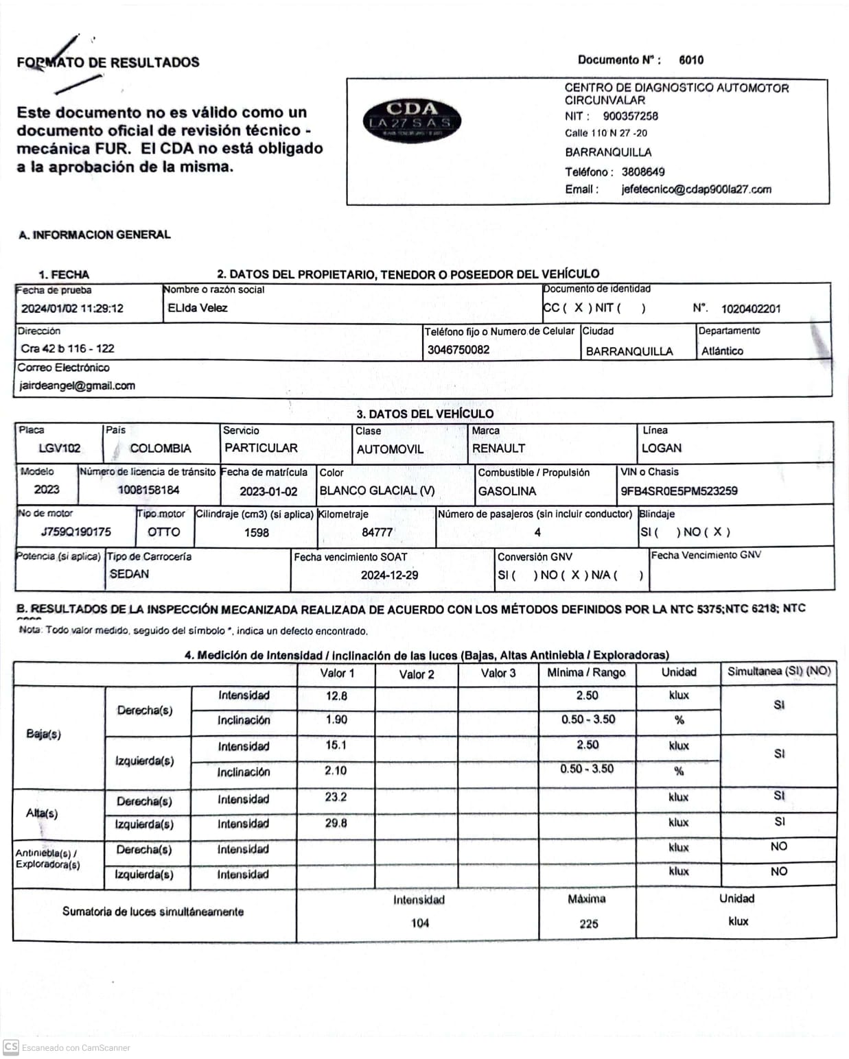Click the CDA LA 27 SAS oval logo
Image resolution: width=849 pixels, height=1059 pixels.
pos(411,121)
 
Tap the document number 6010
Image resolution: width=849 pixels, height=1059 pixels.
pos(690,60)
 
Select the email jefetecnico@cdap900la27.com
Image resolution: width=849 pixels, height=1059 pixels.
pos(696,189)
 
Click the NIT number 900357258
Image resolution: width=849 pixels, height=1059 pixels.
pos(630,116)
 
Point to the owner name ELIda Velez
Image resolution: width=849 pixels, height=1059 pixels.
pos(198,308)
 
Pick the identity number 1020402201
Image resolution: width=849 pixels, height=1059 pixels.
pos(750,309)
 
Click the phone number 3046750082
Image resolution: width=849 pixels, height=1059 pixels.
pos(458,350)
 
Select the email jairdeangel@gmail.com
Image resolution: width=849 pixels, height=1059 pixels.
pos(77,385)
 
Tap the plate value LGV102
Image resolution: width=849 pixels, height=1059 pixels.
pos(60,449)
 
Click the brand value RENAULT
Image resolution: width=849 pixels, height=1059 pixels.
pos(499,449)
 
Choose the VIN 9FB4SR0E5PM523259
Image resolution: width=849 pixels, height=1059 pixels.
pos(679,491)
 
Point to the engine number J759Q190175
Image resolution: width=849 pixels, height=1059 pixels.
pos(75,532)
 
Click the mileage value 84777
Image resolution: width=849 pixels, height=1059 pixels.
pos(377,532)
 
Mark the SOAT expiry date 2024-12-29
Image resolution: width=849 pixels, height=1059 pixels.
pos(389,575)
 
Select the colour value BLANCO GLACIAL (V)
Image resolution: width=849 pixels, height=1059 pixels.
pos(377,491)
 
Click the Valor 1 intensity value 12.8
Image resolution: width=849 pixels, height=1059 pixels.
pos(336,696)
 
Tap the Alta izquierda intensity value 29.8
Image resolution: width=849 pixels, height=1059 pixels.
pos(336,823)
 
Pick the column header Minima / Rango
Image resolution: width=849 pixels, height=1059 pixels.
pos(586,673)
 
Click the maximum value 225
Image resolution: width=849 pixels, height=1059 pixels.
pos(588,924)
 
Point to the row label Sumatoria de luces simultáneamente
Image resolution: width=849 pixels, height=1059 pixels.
pos(153,912)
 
